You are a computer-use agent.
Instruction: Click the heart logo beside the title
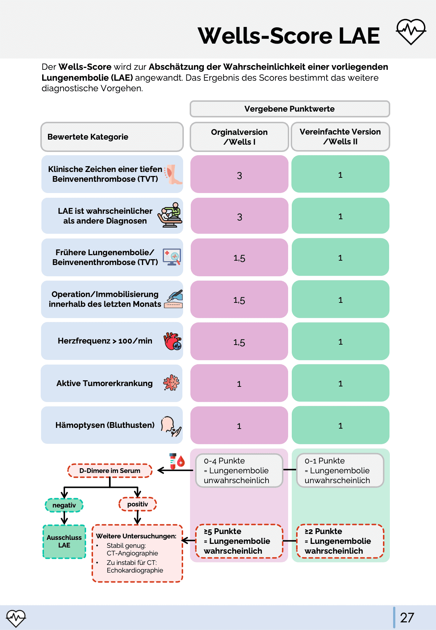(x=411, y=32)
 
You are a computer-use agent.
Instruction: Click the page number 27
(x=407, y=618)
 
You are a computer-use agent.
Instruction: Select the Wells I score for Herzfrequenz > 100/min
(x=239, y=342)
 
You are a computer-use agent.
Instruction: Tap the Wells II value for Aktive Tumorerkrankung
(x=340, y=384)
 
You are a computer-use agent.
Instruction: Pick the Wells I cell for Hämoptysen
(x=239, y=426)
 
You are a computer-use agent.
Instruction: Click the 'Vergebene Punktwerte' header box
(x=290, y=109)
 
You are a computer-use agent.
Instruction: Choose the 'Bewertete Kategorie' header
(x=112, y=137)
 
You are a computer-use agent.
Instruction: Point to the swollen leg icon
(x=174, y=174)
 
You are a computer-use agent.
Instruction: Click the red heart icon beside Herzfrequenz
(x=173, y=341)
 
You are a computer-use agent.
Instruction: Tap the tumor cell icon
(x=171, y=383)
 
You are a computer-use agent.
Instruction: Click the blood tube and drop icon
(x=177, y=461)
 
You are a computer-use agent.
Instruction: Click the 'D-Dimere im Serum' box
(x=110, y=471)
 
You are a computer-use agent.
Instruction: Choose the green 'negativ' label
(x=64, y=505)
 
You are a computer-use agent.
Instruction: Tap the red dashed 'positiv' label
(x=138, y=504)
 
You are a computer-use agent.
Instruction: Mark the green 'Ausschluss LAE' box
(x=64, y=541)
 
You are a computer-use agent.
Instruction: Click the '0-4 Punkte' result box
(x=239, y=470)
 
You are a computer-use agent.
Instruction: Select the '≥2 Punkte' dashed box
(x=340, y=541)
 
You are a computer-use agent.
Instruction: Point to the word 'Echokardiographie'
(x=135, y=570)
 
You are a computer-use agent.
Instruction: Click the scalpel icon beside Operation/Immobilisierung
(x=174, y=299)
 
